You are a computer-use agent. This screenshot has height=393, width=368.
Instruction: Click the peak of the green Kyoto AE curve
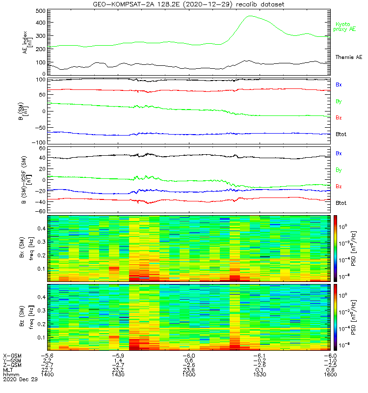pyautogui.click(x=250, y=16)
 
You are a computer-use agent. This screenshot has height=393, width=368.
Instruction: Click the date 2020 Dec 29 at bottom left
pyautogui.click(x=18, y=379)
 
